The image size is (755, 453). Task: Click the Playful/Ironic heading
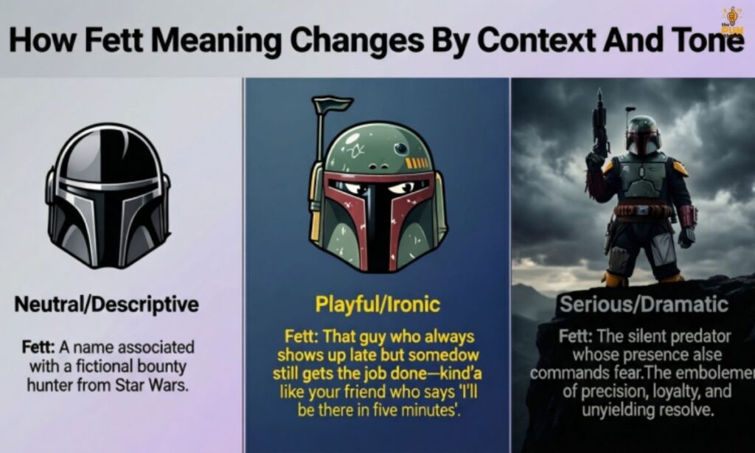(377, 304)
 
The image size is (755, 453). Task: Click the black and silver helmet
(108, 195)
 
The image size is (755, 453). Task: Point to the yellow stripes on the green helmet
(417, 163)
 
